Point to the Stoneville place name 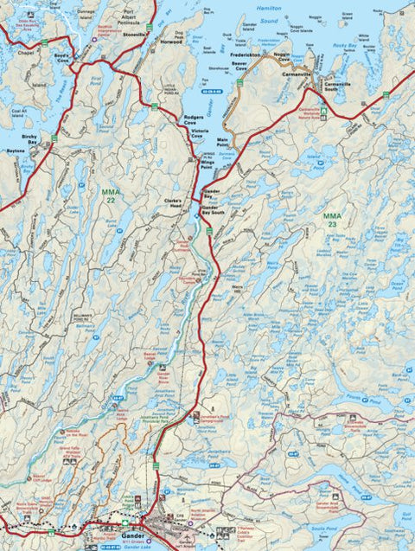(137, 37)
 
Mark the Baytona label (16, 151)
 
